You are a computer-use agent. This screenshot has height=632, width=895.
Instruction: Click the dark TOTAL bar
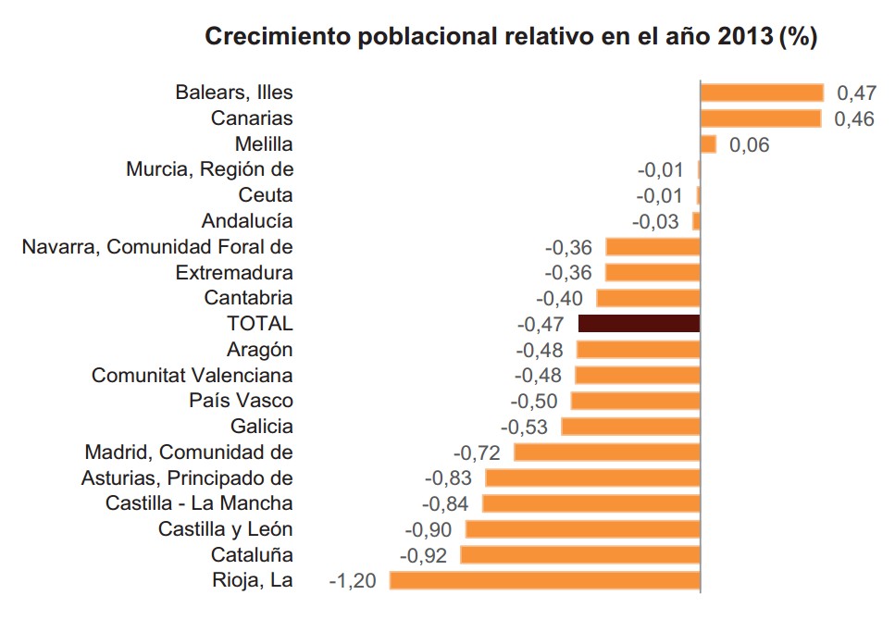(x=639, y=323)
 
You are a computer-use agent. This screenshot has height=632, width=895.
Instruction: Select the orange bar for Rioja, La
(x=544, y=580)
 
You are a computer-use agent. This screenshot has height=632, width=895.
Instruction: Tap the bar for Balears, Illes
(x=761, y=93)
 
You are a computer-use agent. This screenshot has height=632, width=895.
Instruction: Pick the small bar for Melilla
(x=708, y=144)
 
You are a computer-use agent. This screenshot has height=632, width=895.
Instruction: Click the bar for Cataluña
(x=579, y=555)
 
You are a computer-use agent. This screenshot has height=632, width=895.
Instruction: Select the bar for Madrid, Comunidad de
(x=606, y=452)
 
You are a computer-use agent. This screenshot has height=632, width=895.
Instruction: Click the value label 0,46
(x=854, y=119)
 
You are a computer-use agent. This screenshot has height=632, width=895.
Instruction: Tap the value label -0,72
(x=477, y=453)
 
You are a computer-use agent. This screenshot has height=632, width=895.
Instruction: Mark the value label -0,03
(x=655, y=222)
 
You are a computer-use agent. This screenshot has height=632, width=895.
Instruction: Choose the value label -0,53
(x=524, y=428)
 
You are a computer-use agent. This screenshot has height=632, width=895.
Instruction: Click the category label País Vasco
(x=241, y=401)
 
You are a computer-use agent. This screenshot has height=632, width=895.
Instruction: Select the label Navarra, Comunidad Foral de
(x=157, y=247)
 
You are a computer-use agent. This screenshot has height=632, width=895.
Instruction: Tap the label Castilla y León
(x=225, y=529)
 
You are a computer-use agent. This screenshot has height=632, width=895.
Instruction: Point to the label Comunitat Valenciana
(x=193, y=376)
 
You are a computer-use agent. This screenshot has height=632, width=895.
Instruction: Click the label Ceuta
(x=266, y=195)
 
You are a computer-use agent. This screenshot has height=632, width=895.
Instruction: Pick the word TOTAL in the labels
(x=259, y=324)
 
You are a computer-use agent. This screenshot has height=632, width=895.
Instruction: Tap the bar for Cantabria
(x=648, y=298)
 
